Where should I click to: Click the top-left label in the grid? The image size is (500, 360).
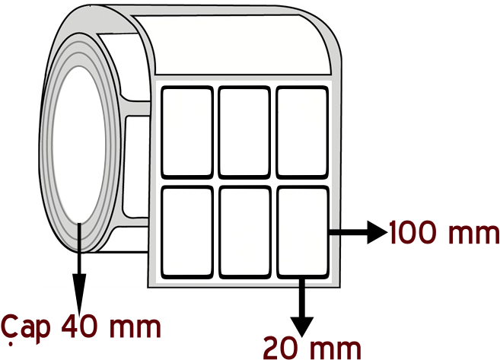click(187, 132)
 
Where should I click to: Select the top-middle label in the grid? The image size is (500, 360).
click(244, 132)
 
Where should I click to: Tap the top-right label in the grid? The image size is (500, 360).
click(302, 132)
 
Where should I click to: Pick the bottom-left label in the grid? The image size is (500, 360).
click(187, 232)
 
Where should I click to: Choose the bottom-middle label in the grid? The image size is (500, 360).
click(244, 232)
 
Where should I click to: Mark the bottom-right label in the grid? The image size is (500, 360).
click(302, 232)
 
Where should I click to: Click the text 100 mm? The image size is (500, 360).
click(444, 232)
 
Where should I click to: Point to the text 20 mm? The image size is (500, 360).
click(312, 349)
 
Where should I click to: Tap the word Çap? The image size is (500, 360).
click(26, 328)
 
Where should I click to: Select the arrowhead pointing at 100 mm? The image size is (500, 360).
click(377, 232)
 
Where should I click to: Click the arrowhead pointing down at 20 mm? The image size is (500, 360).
click(302, 327)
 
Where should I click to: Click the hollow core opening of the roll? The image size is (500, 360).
click(78, 144)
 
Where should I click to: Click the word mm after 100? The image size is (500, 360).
click(473, 234)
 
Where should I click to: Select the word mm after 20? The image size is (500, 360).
click(336, 350)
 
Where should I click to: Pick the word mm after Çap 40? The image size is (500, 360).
click(135, 328)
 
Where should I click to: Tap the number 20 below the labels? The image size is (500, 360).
click(283, 349)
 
